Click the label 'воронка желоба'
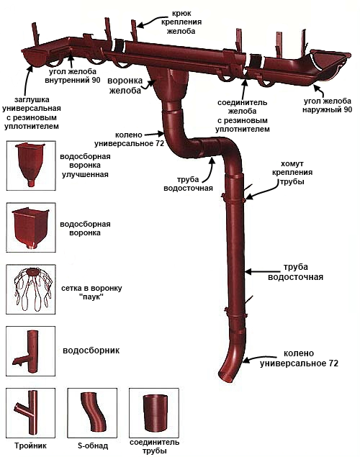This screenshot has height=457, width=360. pos(125,86)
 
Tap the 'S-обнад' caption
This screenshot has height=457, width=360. pos(93,445)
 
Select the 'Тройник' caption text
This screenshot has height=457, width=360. pos(31,445)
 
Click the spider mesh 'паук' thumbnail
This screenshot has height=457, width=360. pos(31,289)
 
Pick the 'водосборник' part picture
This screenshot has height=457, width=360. pos(31,351)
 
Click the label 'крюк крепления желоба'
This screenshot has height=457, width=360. pos(181,22)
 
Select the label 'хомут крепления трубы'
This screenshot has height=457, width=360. pos(292,173)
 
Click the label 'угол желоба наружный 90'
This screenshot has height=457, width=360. pos(328,106)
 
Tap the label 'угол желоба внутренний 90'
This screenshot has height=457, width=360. pos(73,76)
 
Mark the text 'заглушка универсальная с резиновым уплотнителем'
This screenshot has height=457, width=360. pos(32,113)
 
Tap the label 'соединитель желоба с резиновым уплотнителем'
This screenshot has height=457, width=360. pos(243,116)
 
